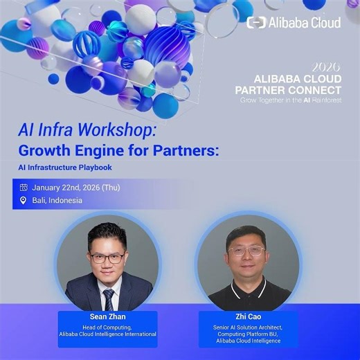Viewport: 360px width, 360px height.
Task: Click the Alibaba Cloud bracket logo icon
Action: (x=256, y=23)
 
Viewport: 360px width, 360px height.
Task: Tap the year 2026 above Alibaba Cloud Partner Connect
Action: (x=326, y=68)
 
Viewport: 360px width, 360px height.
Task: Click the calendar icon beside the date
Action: (x=24, y=187)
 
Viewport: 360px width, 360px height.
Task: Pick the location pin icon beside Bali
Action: (x=24, y=201)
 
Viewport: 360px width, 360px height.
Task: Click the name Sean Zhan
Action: (x=107, y=318)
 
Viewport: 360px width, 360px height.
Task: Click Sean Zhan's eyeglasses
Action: (x=108, y=257)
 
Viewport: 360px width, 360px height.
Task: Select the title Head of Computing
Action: (x=107, y=327)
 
